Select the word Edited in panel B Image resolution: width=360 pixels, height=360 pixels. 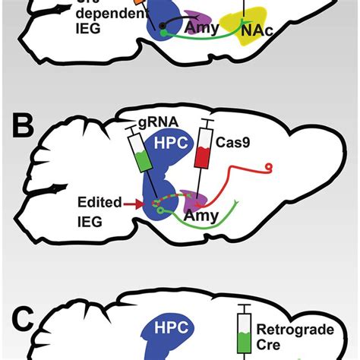tap(96, 204)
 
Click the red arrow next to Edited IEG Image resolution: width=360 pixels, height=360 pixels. tap(137, 204)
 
